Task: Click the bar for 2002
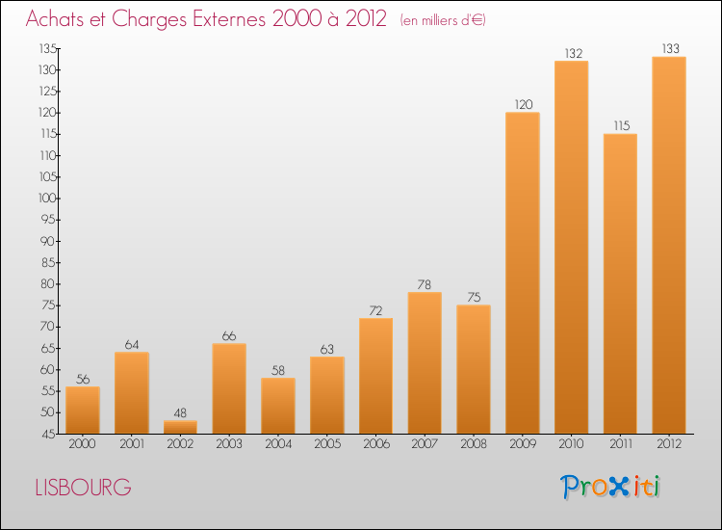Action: click(180, 427)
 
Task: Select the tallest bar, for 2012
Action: click(669, 246)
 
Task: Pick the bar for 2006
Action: click(375, 376)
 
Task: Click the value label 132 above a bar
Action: click(572, 54)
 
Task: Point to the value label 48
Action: click(180, 413)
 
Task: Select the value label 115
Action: click(620, 126)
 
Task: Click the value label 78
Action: click(425, 285)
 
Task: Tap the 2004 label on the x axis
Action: click(278, 445)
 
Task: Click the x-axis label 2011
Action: click(620, 445)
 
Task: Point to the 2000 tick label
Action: click(83, 445)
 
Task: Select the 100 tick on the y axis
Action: click(47, 199)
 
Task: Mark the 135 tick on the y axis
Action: click(47, 49)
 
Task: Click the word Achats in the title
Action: click(59, 19)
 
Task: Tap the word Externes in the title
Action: click(225, 19)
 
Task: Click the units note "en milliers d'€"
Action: click(443, 20)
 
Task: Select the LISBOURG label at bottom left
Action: click(83, 488)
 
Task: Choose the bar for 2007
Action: click(425, 363)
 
